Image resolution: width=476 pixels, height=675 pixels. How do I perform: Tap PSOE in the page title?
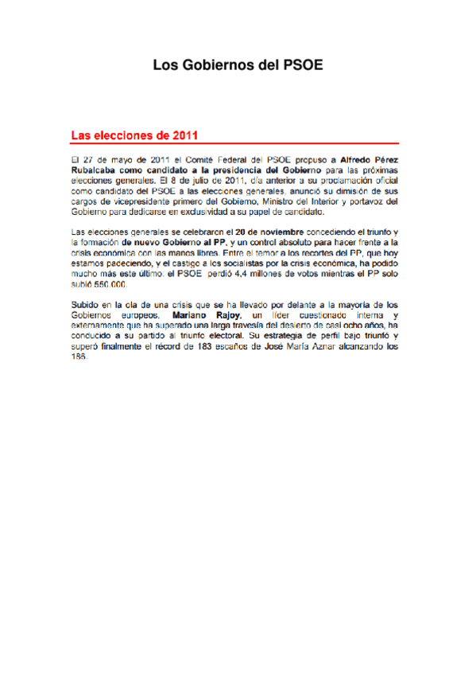tap(303, 67)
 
